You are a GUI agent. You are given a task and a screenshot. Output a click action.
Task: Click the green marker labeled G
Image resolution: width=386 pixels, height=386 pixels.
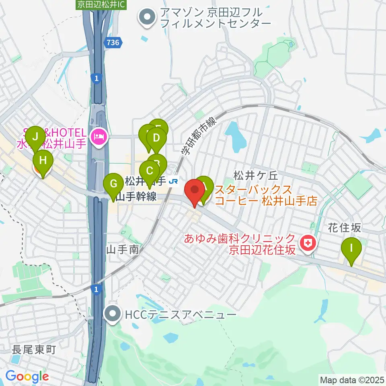tap(114, 184)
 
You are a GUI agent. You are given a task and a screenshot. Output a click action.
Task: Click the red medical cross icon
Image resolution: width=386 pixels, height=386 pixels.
tap(309, 243)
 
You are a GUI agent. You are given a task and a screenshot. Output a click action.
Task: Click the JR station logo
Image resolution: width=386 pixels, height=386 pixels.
tap(174, 182)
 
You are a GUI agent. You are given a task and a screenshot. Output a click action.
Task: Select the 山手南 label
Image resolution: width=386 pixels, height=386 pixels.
tap(122, 250)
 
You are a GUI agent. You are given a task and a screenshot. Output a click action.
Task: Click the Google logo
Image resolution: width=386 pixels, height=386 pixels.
tap(27, 376)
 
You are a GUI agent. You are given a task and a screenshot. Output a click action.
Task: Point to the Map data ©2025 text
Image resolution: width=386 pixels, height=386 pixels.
tap(351, 380)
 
